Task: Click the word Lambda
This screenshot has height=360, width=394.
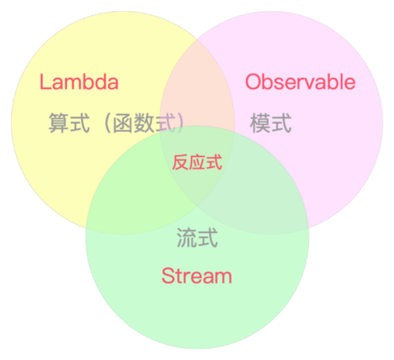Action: [x=79, y=82]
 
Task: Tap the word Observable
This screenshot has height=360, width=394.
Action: [x=300, y=82]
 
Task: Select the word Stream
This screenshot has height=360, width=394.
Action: [x=197, y=276]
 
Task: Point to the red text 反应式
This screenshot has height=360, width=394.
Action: [x=197, y=163]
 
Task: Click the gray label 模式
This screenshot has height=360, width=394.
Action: [x=271, y=124]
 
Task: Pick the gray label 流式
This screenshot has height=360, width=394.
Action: [x=197, y=238]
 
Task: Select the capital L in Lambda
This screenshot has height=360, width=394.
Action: [x=45, y=82]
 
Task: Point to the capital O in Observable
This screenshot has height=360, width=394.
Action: [x=253, y=82]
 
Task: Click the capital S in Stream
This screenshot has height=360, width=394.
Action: [x=167, y=276]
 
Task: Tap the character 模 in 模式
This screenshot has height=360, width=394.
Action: [x=261, y=124]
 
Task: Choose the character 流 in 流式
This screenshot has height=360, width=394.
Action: [x=187, y=238]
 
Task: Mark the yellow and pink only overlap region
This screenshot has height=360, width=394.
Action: [x=197, y=87]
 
